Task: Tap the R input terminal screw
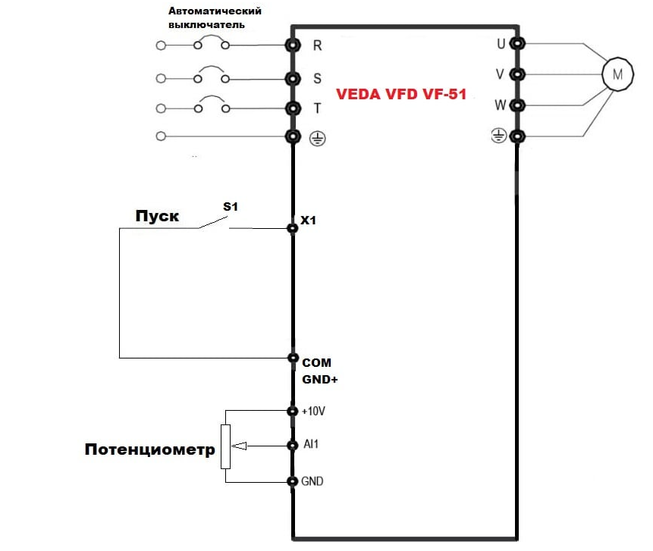pyautogui.click(x=292, y=45)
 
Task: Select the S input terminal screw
pyautogui.click(x=292, y=78)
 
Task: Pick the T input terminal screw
pyautogui.click(x=292, y=108)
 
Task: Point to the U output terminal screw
pyautogui.click(x=516, y=43)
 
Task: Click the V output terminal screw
pyautogui.click(x=516, y=74)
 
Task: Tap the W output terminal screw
pyautogui.click(x=516, y=105)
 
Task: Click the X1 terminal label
pyautogui.click(x=308, y=221)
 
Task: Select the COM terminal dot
pyautogui.click(x=293, y=357)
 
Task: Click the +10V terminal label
pyautogui.click(x=313, y=411)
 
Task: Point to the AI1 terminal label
pyautogui.click(x=310, y=444)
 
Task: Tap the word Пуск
pyautogui.click(x=157, y=216)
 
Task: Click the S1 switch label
pyautogui.click(x=229, y=205)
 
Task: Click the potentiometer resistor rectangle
pyautogui.click(x=225, y=447)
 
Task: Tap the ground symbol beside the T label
pyautogui.click(x=317, y=138)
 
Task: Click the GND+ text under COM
pyautogui.click(x=319, y=379)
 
